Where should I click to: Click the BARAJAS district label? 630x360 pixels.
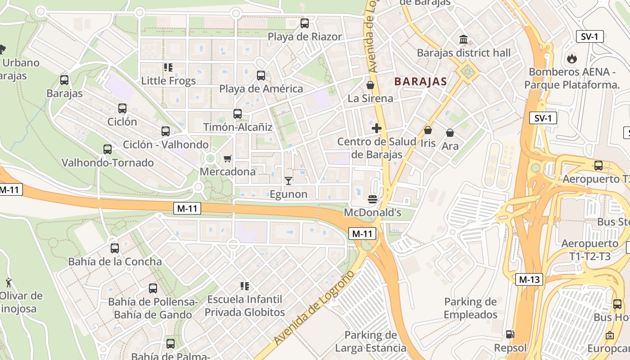click(420, 81)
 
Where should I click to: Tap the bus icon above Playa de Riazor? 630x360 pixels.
click(305, 23)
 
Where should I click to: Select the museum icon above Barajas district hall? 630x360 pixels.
click(463, 40)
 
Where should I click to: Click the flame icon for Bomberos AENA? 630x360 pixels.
click(571, 58)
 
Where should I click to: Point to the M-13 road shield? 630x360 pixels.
click(529, 279)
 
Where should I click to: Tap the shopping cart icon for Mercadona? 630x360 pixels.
click(227, 158)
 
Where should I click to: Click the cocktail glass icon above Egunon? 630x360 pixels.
click(288, 181)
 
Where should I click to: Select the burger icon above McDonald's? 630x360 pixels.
click(373, 199)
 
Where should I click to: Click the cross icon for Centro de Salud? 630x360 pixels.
click(377, 129)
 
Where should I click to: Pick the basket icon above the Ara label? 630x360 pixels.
click(450, 133)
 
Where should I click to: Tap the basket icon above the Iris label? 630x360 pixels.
click(428, 130)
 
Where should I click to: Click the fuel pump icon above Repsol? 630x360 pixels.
click(510, 334)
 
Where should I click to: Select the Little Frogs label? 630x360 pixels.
click(168, 81)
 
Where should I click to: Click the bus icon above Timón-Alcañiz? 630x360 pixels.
click(238, 114)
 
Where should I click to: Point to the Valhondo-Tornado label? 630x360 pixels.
click(108, 162)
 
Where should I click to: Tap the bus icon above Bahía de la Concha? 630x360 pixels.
click(115, 248)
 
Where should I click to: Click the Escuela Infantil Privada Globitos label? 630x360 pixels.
click(245, 306)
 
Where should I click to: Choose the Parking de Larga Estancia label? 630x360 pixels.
click(370, 342)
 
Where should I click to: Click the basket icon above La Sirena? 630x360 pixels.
click(370, 85)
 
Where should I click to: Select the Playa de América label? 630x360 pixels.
click(261, 89)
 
